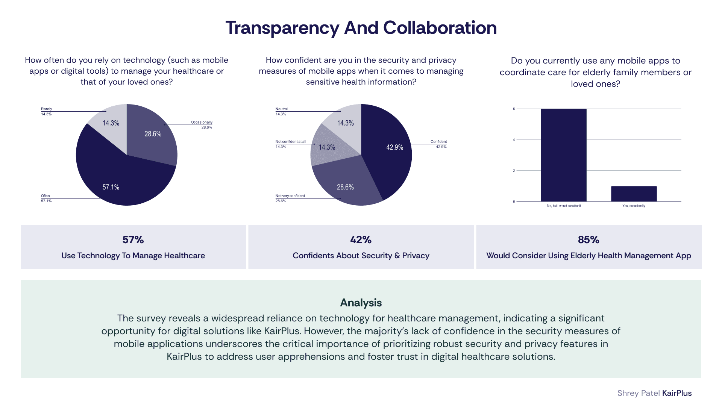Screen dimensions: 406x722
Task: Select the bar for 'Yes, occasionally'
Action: coord(634,194)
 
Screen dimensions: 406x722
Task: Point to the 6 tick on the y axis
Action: coord(514,109)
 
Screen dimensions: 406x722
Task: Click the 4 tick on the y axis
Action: coord(514,140)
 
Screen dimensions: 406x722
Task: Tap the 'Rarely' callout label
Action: coord(47,109)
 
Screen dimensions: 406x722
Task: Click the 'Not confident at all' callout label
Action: coord(291,142)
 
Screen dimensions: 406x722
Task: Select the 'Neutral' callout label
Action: coord(281,109)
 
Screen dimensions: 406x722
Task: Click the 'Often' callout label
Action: coord(45,196)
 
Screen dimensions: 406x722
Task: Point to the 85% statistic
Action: coord(589,240)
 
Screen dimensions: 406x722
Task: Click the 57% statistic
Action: coord(133,240)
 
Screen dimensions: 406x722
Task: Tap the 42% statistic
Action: coord(361,240)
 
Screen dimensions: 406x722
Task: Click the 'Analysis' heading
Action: coord(361,303)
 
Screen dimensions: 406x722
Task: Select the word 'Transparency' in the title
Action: coord(282,28)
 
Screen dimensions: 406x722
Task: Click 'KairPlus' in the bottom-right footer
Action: coord(677,393)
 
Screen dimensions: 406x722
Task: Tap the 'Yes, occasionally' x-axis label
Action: coord(634,206)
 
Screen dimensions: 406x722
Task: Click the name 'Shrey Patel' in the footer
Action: coord(639,393)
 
